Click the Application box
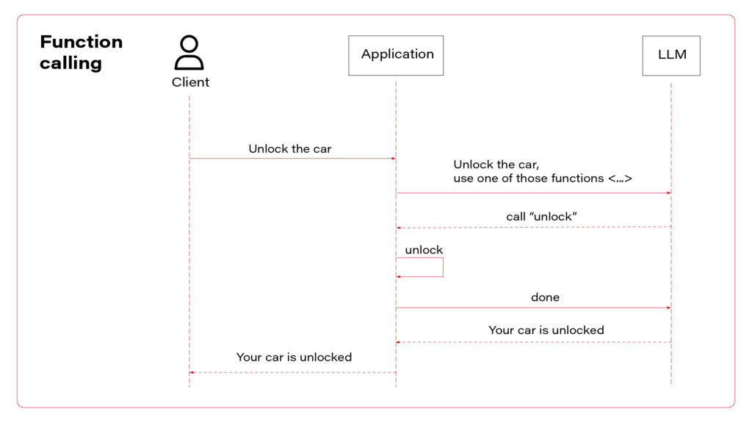coord(396,55)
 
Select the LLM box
coord(670,55)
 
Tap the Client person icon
coord(189,53)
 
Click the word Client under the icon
coord(190,82)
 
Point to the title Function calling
coord(81,52)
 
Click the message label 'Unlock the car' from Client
coord(289,149)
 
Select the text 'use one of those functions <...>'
coord(542,178)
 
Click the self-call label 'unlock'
coord(424,250)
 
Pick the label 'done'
coord(545,297)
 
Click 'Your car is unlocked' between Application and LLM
coord(546,330)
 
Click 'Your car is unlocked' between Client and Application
coord(294,358)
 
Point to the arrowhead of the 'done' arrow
coord(668,308)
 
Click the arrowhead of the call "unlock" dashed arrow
coord(399,228)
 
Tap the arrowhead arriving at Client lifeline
coord(192,372)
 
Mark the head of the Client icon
coord(189,43)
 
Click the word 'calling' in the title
coord(70,63)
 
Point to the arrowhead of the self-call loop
coord(399,277)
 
